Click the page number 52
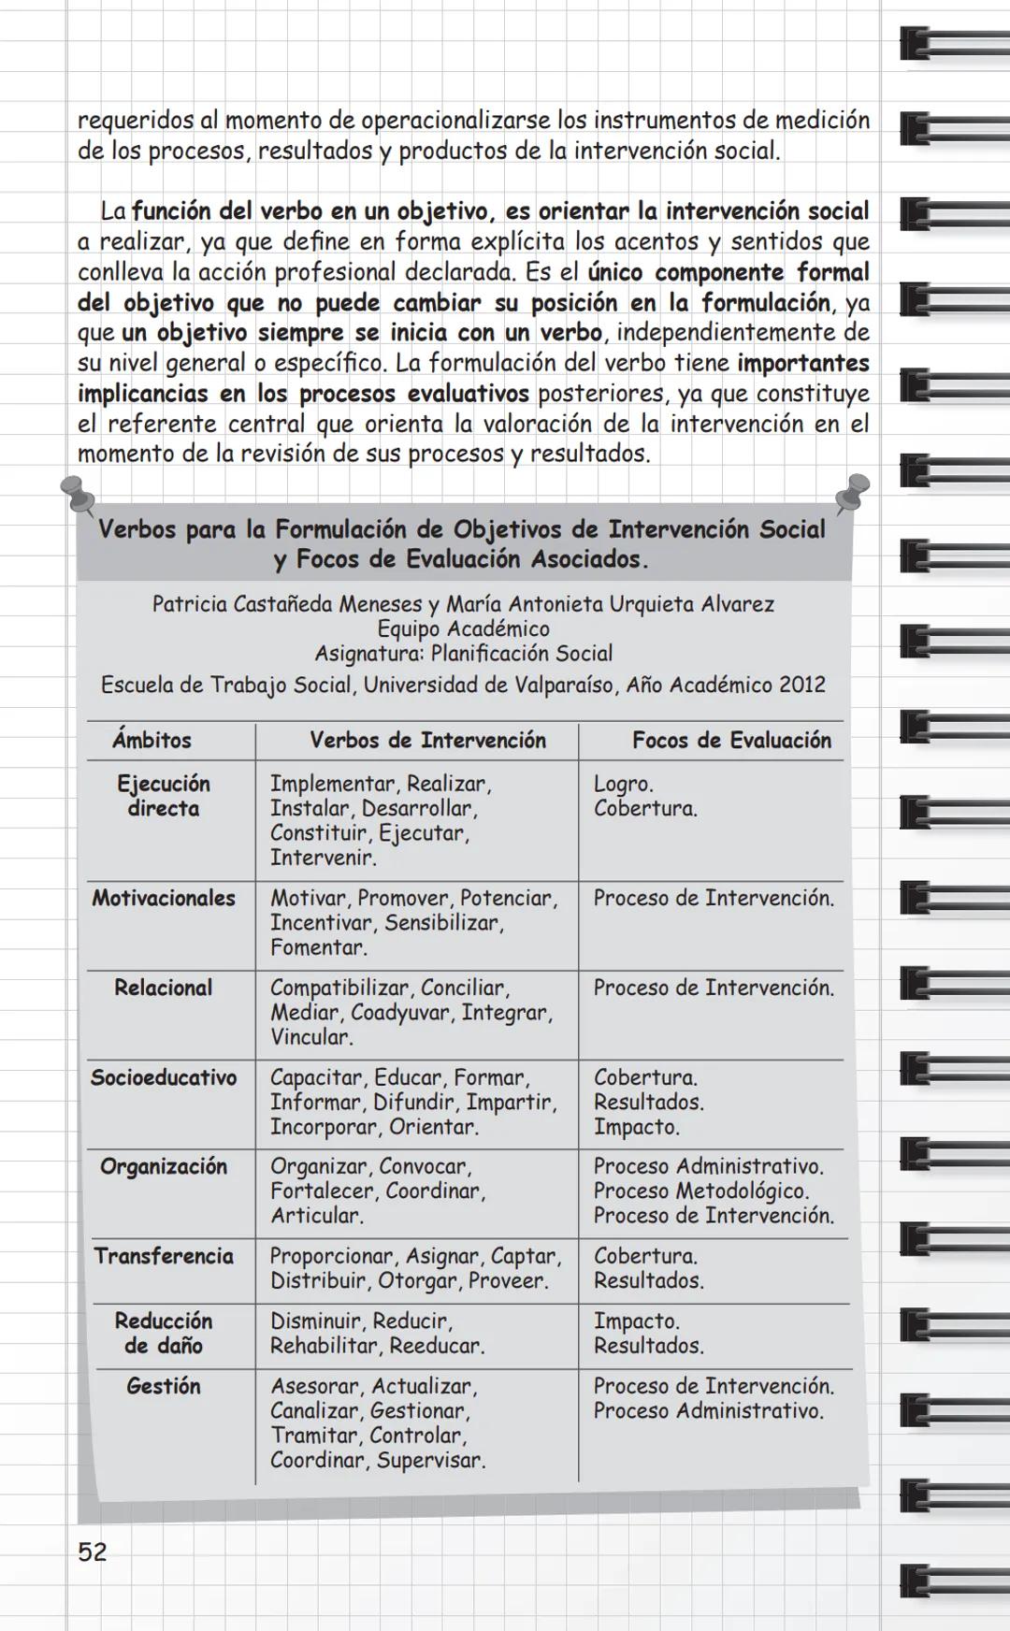tap(92, 1552)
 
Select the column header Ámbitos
tap(151, 740)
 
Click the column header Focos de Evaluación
tap(731, 740)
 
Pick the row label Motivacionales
tap(164, 898)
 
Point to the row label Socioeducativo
tap(164, 1077)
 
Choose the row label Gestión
tap(164, 1386)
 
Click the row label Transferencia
tap(164, 1256)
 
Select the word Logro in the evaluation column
tap(622, 784)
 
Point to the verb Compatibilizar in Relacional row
tap(339, 988)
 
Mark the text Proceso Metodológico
tap(701, 1191)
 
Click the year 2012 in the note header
tap(801, 685)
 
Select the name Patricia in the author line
tap(190, 604)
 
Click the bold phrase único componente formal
tap(729, 272)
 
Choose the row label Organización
tap(164, 1166)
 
